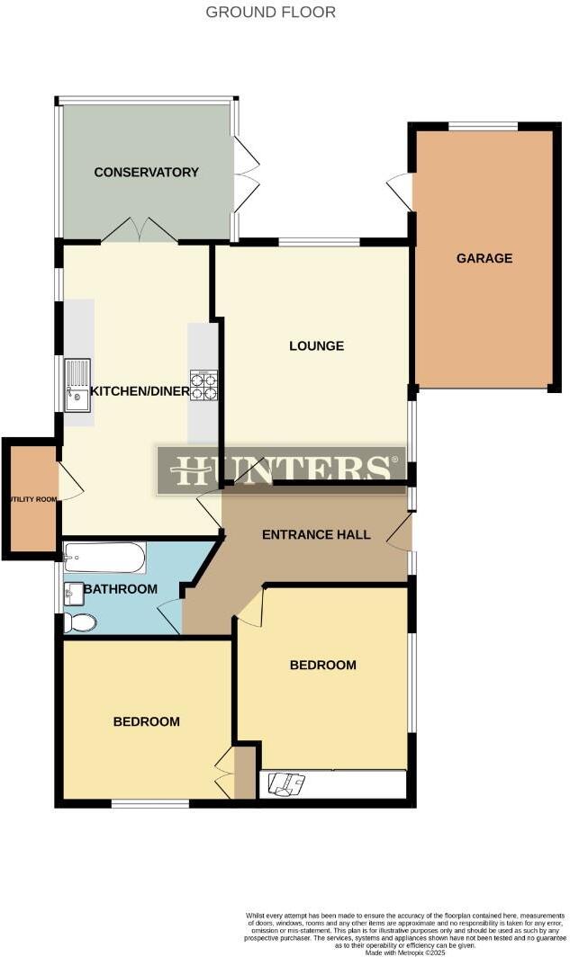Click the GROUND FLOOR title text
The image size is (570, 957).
(x=270, y=13)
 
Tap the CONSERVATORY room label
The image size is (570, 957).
(x=146, y=172)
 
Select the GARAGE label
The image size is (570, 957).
(x=484, y=258)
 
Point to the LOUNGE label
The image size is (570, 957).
(x=316, y=345)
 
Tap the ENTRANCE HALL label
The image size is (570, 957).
(x=316, y=534)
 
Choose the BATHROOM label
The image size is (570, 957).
(x=120, y=589)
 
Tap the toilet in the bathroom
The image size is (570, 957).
(x=79, y=622)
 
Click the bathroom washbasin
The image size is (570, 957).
(x=73, y=593)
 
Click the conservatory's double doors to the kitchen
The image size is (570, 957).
(x=138, y=230)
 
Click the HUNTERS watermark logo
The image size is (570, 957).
(x=282, y=470)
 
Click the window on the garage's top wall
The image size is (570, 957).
(x=484, y=126)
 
